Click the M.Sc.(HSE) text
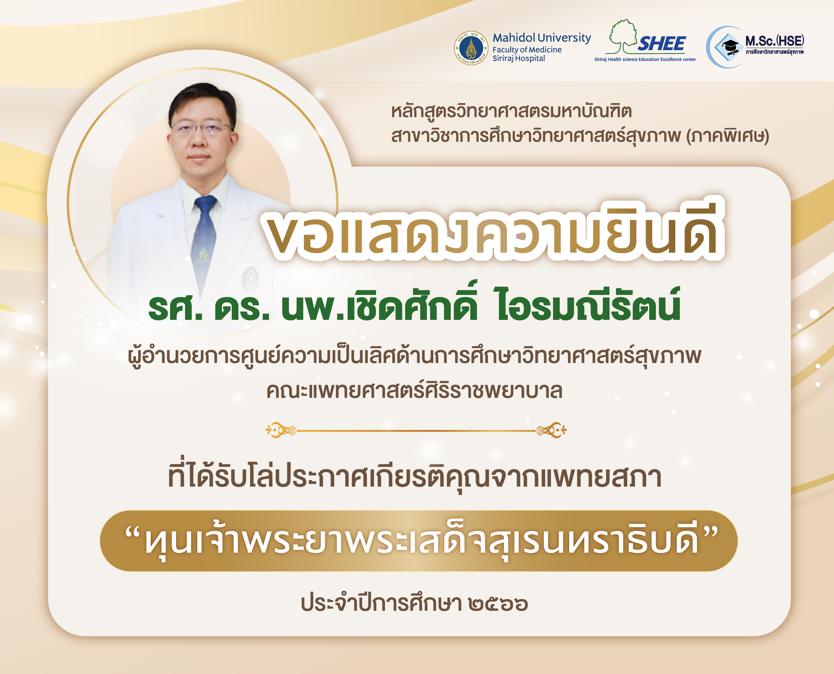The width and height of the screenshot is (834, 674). [x=774, y=41]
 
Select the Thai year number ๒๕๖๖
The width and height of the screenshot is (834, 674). [x=498, y=604]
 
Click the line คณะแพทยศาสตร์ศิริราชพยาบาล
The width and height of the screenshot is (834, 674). [x=414, y=391]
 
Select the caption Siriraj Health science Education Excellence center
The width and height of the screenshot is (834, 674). [x=645, y=59]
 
